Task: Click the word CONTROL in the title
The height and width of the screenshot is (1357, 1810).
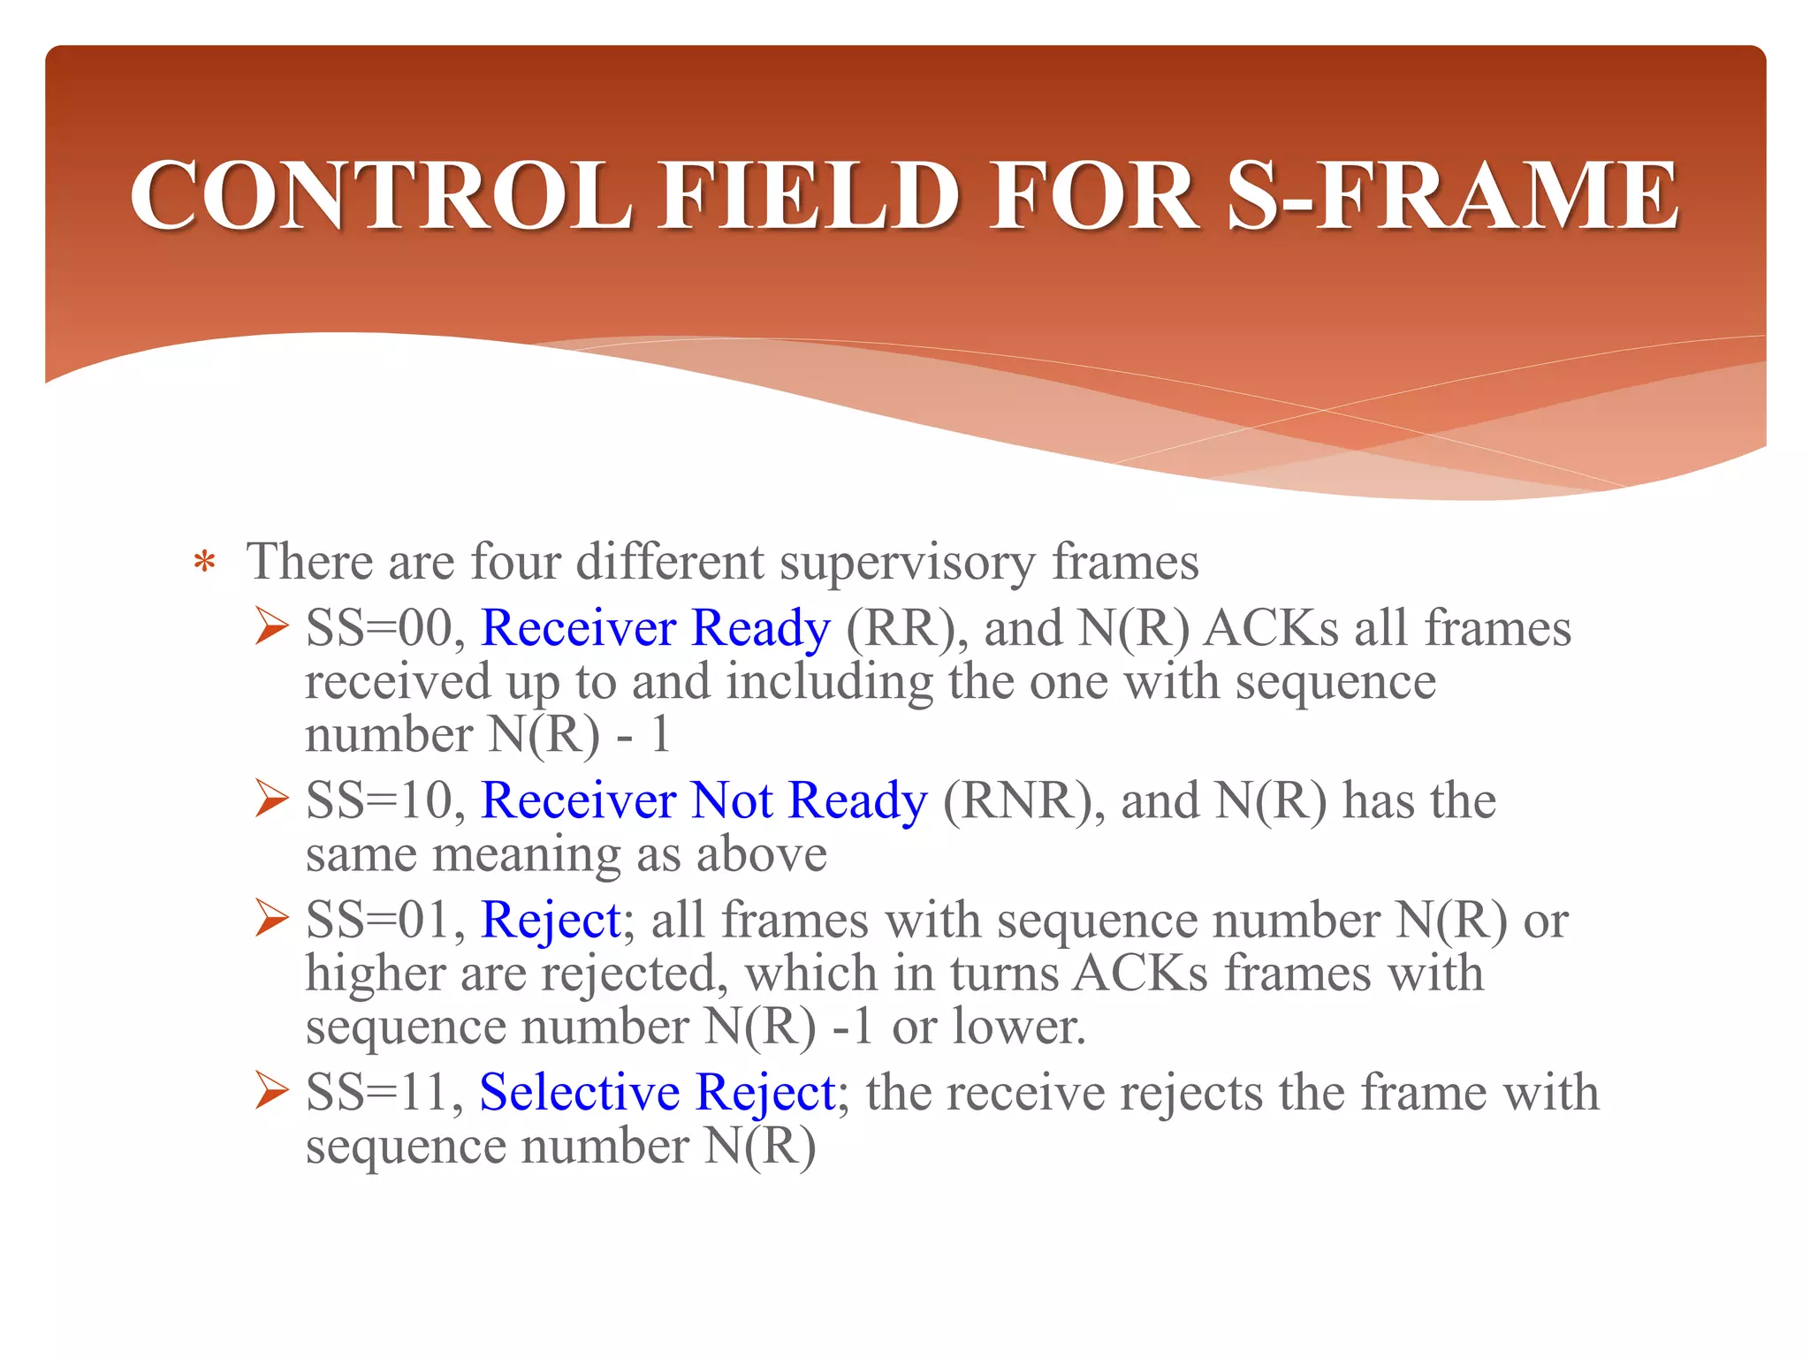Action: pyautogui.click(x=381, y=195)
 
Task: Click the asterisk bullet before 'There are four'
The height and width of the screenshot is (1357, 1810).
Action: pyautogui.click(x=204, y=564)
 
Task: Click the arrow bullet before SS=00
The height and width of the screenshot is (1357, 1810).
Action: pyautogui.click(x=271, y=626)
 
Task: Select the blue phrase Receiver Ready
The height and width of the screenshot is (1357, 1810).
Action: pyautogui.click(x=655, y=628)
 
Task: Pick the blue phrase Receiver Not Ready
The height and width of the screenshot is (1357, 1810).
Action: pyautogui.click(x=703, y=800)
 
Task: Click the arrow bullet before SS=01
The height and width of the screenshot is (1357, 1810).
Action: pyautogui.click(x=271, y=918)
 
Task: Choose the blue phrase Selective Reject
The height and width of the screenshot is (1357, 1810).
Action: pyautogui.click(x=657, y=1093)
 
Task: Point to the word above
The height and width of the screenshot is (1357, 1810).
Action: pyautogui.click(x=761, y=854)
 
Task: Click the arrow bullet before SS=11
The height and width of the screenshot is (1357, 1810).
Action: pyautogui.click(x=271, y=1091)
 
